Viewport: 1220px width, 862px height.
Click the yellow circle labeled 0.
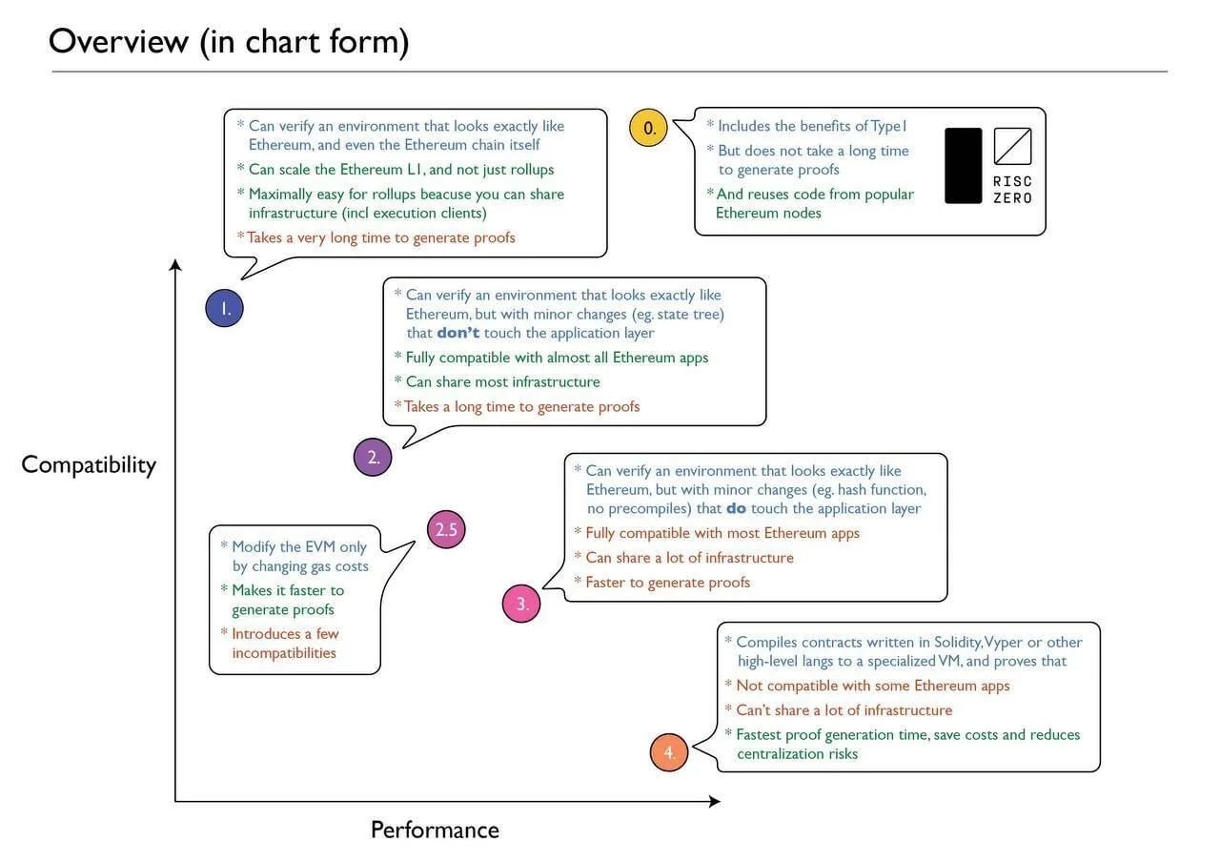point(648,129)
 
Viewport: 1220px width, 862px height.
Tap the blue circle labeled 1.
point(224,308)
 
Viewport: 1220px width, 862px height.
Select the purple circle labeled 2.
point(373,457)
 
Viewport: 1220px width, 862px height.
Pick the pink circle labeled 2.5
point(446,529)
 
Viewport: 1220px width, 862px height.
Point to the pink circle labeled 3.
point(521,604)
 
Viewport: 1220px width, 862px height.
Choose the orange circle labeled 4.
point(669,752)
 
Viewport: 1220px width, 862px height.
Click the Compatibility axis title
point(89,464)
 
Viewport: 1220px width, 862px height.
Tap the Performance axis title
point(435,830)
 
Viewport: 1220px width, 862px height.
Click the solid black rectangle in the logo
point(963,165)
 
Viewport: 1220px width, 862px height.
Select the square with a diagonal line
point(1012,146)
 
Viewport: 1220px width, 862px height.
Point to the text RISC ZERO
point(1012,190)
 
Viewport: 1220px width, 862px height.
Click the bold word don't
point(457,334)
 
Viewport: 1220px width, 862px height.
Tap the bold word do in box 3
point(736,509)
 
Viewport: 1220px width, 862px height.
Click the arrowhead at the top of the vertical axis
point(175,264)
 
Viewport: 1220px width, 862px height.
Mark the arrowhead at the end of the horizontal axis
point(714,802)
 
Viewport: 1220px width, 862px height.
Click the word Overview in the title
point(118,42)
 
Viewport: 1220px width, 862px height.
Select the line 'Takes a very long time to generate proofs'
point(381,237)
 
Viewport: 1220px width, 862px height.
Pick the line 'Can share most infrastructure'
point(502,382)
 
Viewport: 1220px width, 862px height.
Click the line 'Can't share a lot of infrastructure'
point(844,710)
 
